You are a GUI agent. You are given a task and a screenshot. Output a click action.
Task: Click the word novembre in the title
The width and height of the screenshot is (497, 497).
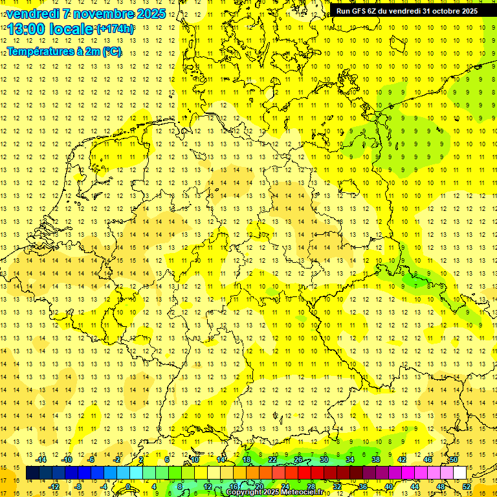99,14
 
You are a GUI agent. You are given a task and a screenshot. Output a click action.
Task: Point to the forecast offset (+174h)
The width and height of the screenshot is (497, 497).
116,29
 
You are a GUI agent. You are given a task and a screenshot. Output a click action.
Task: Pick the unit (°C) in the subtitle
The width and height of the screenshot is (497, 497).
112,50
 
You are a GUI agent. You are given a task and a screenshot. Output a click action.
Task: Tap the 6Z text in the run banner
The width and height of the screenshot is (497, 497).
377,11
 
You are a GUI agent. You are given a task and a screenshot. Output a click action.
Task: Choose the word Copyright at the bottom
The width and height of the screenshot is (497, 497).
245,492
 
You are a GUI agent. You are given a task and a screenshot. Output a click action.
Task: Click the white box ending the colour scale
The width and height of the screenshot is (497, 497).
459,473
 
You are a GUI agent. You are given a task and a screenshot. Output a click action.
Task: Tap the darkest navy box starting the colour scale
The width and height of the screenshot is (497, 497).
33,473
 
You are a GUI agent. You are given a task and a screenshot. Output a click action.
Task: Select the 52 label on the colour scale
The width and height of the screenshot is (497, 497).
467,487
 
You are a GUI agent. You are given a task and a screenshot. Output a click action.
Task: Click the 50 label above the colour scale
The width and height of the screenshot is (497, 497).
454,459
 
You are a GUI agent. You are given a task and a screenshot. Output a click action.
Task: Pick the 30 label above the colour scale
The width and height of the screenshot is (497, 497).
324,459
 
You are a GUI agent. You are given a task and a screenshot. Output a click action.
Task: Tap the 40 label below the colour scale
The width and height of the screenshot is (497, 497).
389,487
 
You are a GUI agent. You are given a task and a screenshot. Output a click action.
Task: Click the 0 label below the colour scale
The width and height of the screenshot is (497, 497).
128,487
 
